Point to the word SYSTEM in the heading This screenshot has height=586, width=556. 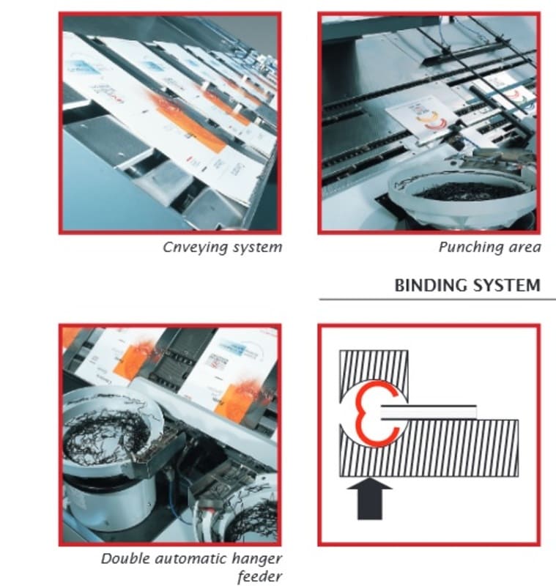[507, 286]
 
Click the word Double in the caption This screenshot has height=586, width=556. [125, 559]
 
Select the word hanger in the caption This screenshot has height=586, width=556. [256, 560]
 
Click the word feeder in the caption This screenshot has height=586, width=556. [260, 576]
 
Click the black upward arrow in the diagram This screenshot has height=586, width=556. [369, 499]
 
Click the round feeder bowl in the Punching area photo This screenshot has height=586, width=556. [462, 198]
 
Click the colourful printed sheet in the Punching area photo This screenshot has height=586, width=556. [422, 116]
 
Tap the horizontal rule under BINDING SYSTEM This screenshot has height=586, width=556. [437, 300]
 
